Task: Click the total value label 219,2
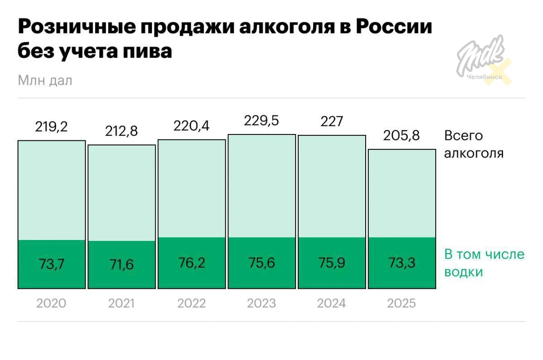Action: point(52,127)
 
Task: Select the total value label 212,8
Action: point(122,131)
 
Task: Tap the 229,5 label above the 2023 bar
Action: point(262,121)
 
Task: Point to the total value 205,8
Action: point(402,135)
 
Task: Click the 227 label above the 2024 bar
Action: point(332,121)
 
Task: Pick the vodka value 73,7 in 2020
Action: point(52,263)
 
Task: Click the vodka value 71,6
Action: point(121,264)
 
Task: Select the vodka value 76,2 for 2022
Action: point(191,262)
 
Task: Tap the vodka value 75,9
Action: point(332,262)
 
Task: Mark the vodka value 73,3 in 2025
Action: point(402,263)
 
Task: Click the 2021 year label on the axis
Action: point(121,303)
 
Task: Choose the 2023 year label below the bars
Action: point(262,303)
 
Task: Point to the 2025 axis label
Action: point(402,303)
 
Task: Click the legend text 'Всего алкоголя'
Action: point(473,144)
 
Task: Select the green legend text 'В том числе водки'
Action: point(484,263)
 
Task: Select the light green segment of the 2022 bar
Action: point(191,188)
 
